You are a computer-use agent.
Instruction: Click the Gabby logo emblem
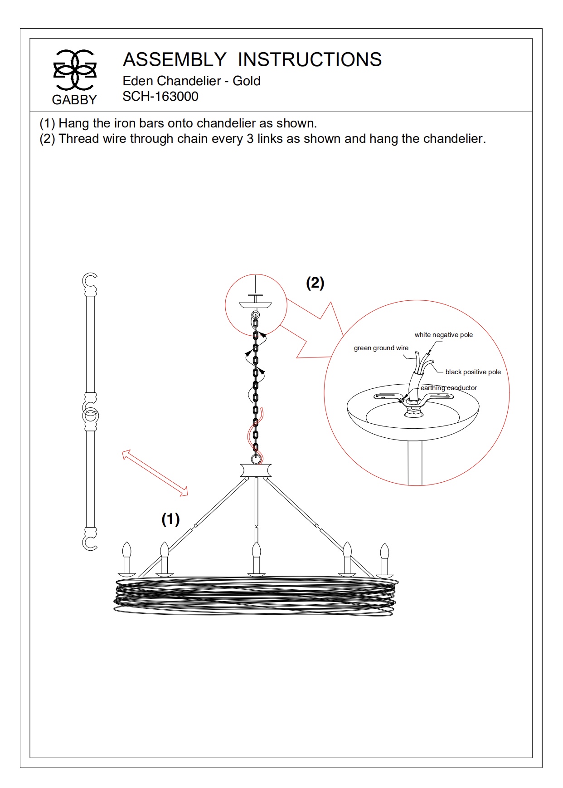pos(75,70)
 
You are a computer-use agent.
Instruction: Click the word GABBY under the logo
pos(74,100)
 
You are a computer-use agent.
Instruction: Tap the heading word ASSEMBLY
pos(175,60)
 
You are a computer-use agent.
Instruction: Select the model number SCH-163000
pos(160,97)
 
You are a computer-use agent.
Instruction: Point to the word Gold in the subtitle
pos(247,81)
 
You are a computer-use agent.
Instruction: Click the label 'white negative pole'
pos(443,335)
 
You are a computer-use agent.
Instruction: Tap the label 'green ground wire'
pos(381,348)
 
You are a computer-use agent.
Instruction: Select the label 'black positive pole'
pos(473,372)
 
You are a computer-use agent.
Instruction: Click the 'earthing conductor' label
pos(448,388)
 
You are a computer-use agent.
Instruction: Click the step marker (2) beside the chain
pos(315,283)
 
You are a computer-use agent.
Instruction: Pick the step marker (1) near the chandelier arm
pos(170,519)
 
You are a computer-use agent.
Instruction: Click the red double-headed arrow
pos(155,473)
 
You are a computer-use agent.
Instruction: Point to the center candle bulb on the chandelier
pos(256,551)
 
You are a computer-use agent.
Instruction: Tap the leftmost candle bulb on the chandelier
pos(126,551)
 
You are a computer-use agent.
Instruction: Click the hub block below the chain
pos(256,470)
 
